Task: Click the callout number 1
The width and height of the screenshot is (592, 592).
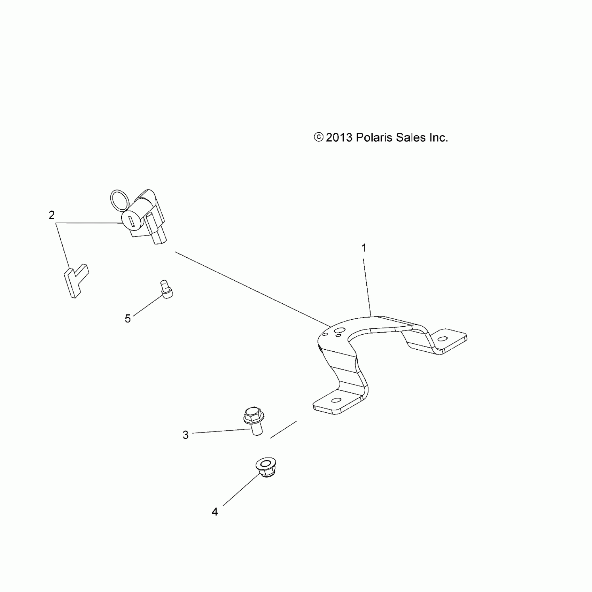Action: [364, 248]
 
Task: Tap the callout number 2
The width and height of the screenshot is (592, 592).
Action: [52, 215]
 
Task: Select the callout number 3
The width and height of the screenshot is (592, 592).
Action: [186, 435]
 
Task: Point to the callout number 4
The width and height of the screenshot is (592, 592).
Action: [215, 512]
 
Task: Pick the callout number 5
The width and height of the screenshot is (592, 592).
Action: [128, 318]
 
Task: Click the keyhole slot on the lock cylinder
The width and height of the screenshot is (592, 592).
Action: [131, 221]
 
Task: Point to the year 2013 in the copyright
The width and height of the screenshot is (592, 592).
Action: [339, 138]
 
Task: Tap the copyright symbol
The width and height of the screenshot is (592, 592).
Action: [318, 137]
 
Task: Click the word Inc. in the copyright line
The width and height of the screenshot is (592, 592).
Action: [438, 138]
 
